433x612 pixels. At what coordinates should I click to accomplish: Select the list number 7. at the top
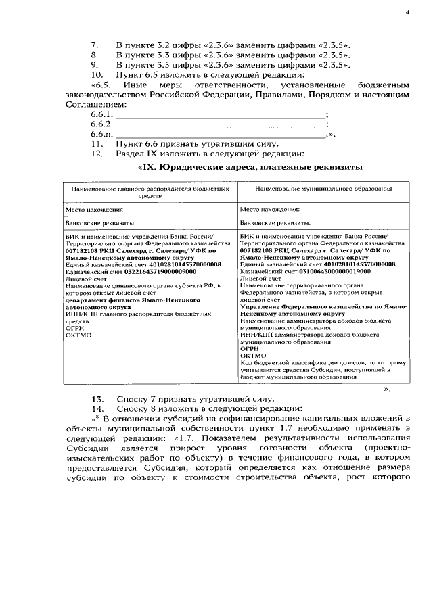95,45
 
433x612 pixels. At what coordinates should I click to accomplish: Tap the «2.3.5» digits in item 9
332,65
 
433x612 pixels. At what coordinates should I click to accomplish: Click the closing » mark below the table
387,390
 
